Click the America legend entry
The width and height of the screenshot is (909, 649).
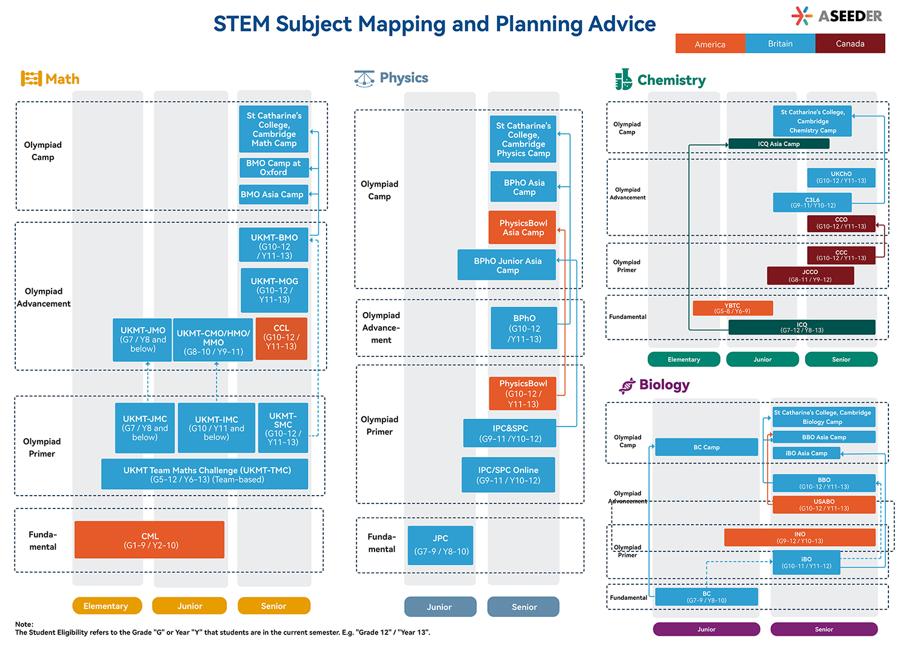(710, 44)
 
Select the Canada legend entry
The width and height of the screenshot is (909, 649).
(850, 44)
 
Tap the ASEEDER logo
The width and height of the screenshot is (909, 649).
(837, 16)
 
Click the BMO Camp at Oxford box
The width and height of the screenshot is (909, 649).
(273, 168)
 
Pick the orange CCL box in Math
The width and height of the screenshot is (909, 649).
(281, 338)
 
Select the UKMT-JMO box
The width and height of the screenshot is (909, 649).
(142, 339)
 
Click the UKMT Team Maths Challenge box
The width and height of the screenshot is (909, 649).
(205, 474)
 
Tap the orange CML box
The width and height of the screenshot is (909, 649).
(150, 540)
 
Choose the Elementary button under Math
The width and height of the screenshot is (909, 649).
(106, 606)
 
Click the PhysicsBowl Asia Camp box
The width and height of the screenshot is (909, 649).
(522, 228)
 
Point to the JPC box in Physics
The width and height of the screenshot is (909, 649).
(441, 545)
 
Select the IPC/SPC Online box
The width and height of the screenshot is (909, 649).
(508, 474)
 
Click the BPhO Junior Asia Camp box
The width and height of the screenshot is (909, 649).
(507, 265)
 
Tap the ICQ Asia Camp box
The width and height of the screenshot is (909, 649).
(779, 144)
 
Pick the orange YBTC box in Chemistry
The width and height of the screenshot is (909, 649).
(733, 308)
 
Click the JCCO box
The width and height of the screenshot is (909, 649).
(810, 276)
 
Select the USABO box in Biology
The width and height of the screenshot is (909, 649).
(824, 505)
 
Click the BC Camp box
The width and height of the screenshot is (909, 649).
(707, 447)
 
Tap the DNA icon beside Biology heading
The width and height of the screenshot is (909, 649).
(627, 385)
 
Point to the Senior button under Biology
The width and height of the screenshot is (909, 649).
(824, 629)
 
